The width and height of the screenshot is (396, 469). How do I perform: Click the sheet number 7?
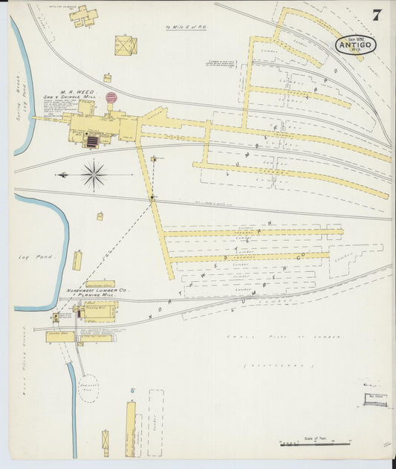377,14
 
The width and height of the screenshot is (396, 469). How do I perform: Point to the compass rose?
94,175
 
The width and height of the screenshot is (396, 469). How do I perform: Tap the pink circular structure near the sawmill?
111,97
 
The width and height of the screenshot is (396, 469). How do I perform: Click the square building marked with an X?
126,45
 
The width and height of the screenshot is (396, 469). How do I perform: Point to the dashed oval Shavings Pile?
88,388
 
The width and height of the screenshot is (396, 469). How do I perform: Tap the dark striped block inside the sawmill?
92,140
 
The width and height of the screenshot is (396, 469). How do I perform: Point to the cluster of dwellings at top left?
82,16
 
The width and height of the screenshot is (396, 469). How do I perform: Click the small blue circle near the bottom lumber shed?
132,390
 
